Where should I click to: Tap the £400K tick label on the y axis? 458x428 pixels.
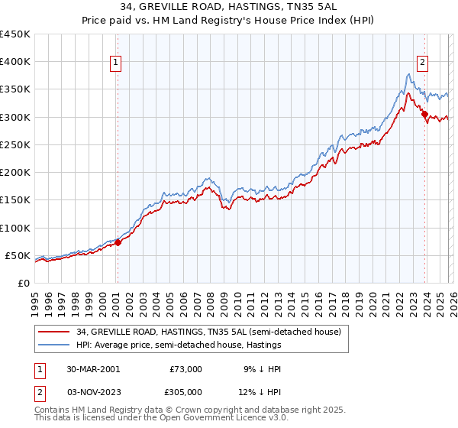click(15, 62)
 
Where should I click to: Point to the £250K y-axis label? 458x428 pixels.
click(15, 144)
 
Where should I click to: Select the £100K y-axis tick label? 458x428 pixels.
click(15, 228)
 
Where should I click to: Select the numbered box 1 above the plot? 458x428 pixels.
click(117, 63)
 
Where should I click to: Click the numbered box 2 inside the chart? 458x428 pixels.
click(422, 63)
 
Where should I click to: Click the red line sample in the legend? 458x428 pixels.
click(53, 332)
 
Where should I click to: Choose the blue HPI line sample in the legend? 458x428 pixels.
click(53, 345)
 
